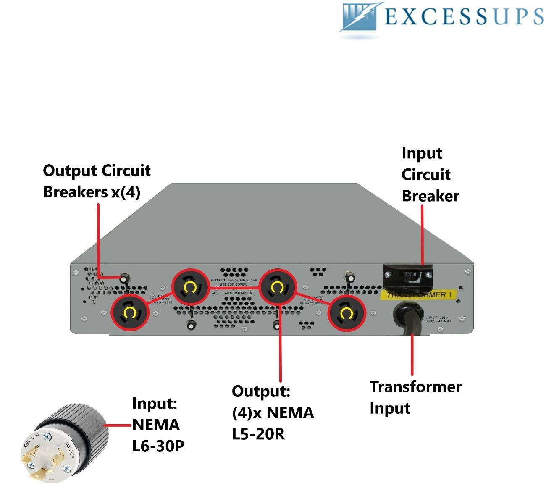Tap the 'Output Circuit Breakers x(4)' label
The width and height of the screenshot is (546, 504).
(97, 181)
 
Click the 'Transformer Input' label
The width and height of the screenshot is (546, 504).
(415, 397)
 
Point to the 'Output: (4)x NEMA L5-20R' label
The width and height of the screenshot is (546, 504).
(273, 412)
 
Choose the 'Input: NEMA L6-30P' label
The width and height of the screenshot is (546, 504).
(158, 425)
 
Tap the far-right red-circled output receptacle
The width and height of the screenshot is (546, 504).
(346, 313)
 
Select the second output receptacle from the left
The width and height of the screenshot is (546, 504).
(190, 288)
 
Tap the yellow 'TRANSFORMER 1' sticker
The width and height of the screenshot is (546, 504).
(418, 295)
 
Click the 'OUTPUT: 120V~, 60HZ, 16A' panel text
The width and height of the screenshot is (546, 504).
(234, 280)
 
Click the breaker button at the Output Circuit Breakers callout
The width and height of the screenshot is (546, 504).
(124, 278)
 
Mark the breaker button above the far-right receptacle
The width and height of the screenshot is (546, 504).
(348, 276)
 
